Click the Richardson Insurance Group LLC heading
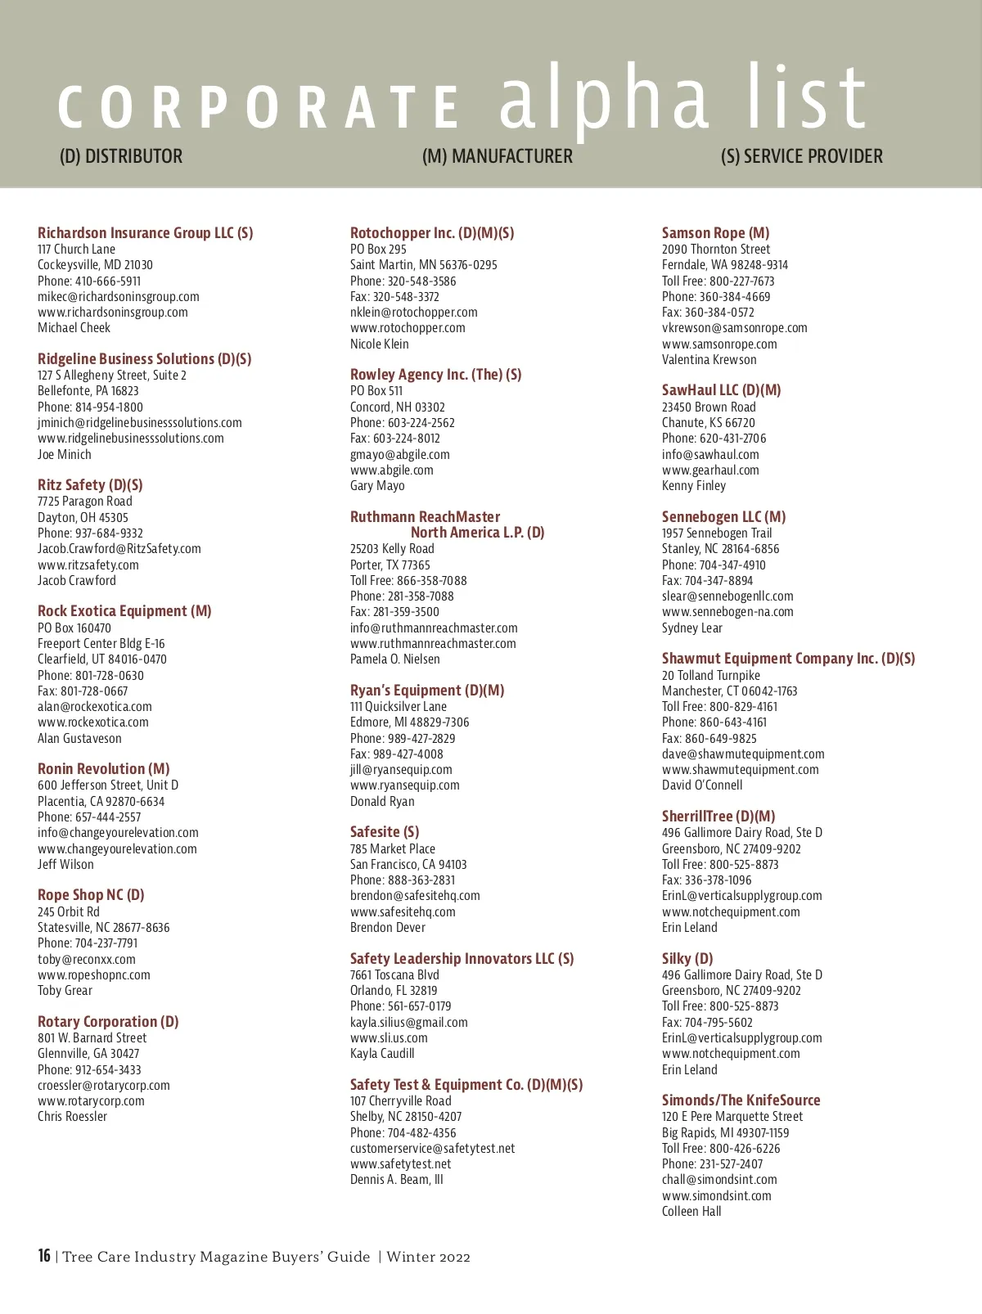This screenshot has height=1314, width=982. pos(145,233)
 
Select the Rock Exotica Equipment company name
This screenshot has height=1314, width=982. pos(124,611)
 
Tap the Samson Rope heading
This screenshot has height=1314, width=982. pos(715,233)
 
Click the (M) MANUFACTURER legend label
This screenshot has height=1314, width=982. pos(497,156)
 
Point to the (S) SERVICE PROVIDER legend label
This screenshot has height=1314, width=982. pos(801,156)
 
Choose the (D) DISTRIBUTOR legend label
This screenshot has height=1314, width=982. pos(121,156)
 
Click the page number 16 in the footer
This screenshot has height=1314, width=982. pos(44,1256)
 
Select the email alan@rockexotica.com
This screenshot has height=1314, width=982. pos(95,707)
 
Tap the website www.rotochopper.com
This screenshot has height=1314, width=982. pos(408,328)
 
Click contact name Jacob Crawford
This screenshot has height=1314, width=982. pos(77,581)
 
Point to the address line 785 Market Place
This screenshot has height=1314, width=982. pos(393,849)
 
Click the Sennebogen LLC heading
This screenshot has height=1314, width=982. pos(723,517)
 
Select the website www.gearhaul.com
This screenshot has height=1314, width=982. pos(710,470)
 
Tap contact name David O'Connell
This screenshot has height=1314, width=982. pos(702,785)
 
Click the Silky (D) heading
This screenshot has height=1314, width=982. pos(687,959)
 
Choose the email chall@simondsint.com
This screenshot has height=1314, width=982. pos(719,1180)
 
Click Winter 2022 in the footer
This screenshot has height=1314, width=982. pos(428,1257)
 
